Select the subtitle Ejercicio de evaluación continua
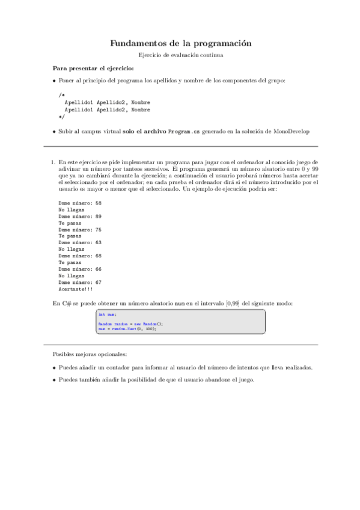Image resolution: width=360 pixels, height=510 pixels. (x=180, y=55)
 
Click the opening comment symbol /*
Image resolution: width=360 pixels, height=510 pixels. (x=61, y=95)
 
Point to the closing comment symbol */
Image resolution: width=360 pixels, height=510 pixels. (x=61, y=117)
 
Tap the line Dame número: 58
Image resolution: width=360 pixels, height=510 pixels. (x=80, y=203)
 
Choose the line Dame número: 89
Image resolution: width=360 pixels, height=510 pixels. (x=80, y=216)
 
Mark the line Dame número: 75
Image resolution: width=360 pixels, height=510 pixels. (x=80, y=229)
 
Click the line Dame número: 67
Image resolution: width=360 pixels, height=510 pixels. (x=80, y=281)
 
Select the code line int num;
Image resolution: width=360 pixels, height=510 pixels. (x=108, y=314)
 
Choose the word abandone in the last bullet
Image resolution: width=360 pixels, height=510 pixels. (x=216, y=379)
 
